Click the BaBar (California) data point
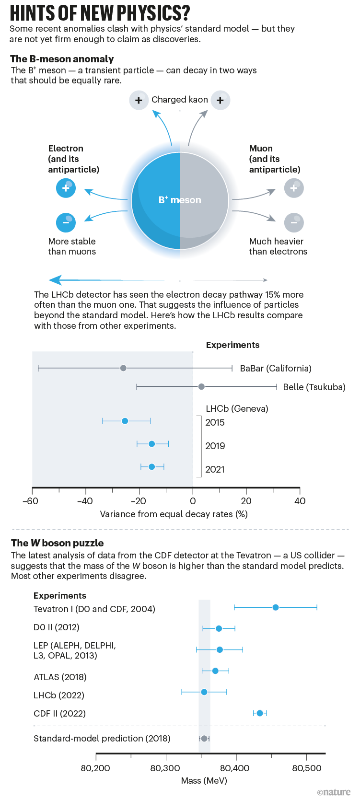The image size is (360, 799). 123,368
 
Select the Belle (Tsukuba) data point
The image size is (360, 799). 201,387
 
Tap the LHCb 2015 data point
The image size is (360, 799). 125,421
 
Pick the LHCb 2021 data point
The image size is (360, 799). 151,467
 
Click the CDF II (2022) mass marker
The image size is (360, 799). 260,713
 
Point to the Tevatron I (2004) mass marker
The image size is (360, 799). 276,608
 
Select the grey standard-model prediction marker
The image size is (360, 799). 204,739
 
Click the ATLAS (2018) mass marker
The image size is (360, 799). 215,671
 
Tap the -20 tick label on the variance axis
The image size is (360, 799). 139,501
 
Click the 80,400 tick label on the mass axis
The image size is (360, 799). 235,768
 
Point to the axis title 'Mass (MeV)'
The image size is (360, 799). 204,781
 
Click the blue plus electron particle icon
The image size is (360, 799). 66,188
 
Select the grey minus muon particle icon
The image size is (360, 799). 294,222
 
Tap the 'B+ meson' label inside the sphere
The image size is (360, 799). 180,200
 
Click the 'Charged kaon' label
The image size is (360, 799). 180,100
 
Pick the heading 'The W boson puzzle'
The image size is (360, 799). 58,543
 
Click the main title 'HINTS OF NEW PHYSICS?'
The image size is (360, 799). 100,13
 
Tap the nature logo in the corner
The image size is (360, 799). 334,792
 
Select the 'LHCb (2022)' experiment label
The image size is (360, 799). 59,695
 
